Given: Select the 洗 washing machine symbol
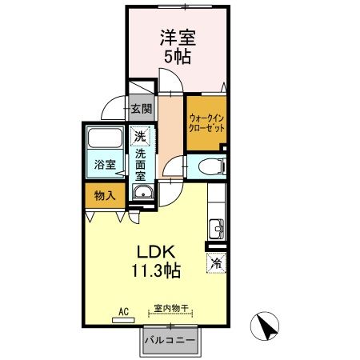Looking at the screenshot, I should pyautogui.click(x=141, y=136).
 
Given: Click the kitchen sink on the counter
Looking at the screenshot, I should pyautogui.click(x=215, y=227).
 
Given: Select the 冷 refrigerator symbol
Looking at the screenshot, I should pyautogui.click(x=215, y=261).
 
